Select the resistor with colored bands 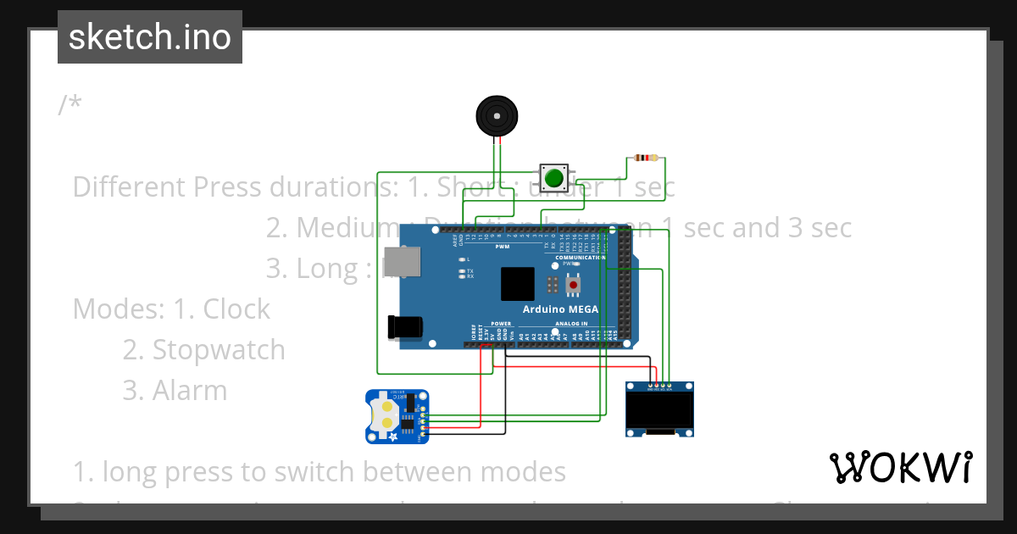click(646, 158)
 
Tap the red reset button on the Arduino click(574, 284)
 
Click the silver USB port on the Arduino click(395, 263)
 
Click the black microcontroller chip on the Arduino click(517, 284)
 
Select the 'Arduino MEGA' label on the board click(560, 309)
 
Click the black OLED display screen click(660, 411)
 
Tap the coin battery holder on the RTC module click(386, 414)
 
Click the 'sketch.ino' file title click(149, 37)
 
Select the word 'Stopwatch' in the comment click(219, 349)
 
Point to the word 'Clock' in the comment click(236, 309)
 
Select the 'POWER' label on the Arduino click(501, 324)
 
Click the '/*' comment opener click(70, 105)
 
